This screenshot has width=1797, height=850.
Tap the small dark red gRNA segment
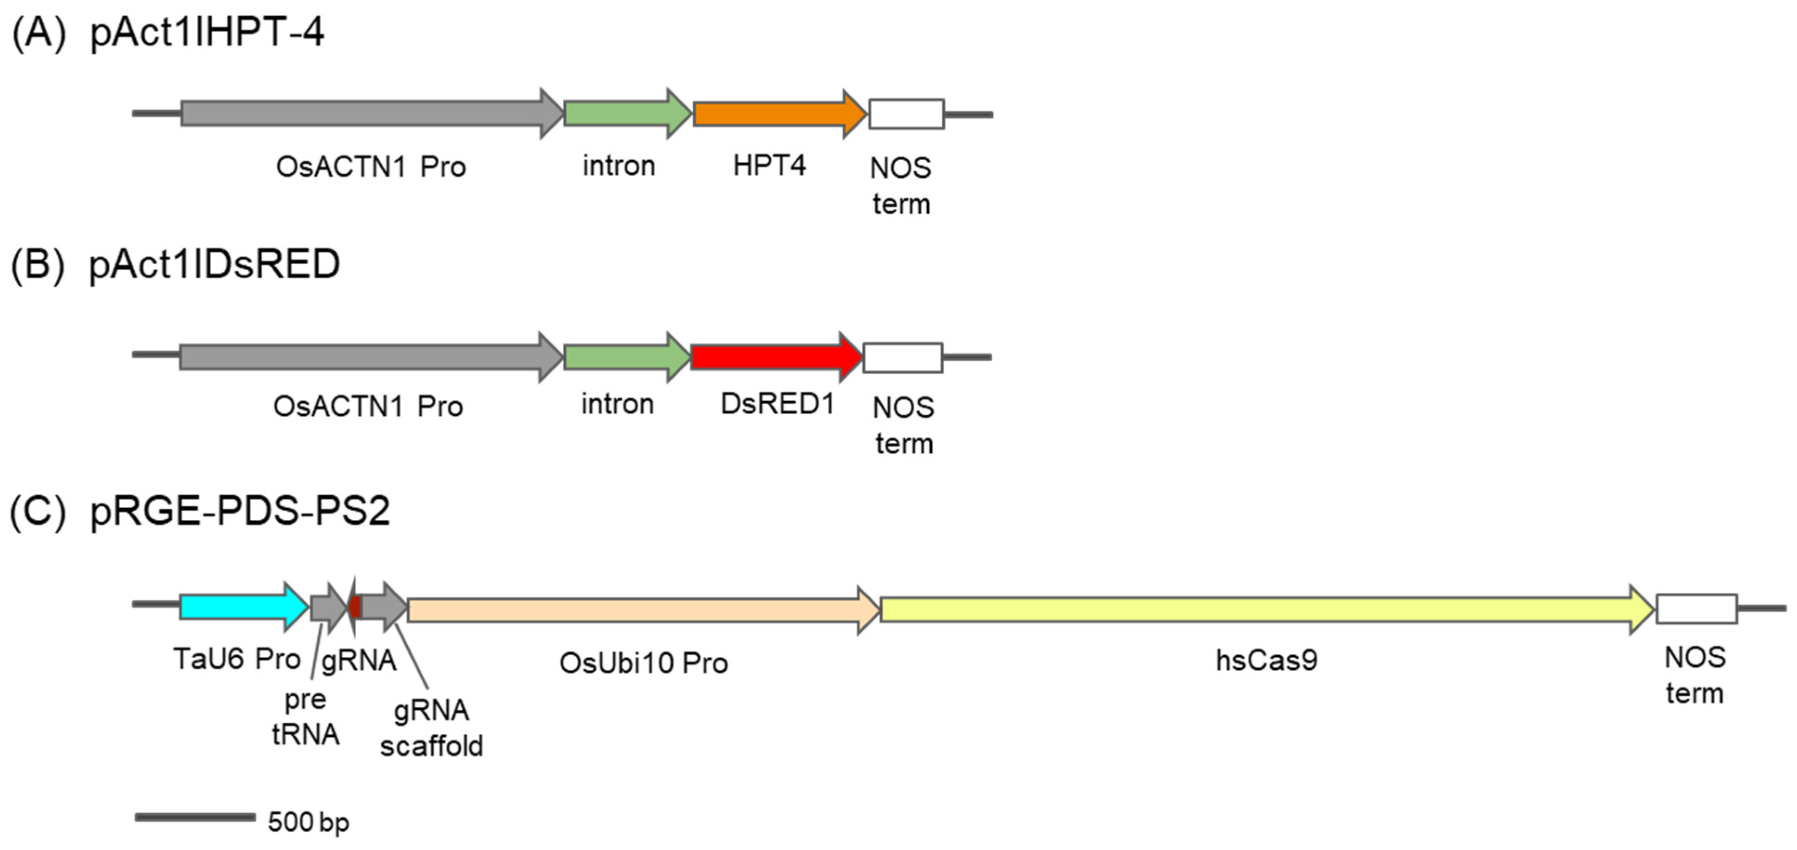(354, 607)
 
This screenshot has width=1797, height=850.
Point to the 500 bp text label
(308, 822)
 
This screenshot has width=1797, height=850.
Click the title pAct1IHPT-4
(207, 32)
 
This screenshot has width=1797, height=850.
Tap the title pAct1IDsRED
(214, 264)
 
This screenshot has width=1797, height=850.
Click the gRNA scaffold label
(431, 728)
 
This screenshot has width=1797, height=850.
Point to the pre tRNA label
(305, 716)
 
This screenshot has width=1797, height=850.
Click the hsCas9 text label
(1266, 660)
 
